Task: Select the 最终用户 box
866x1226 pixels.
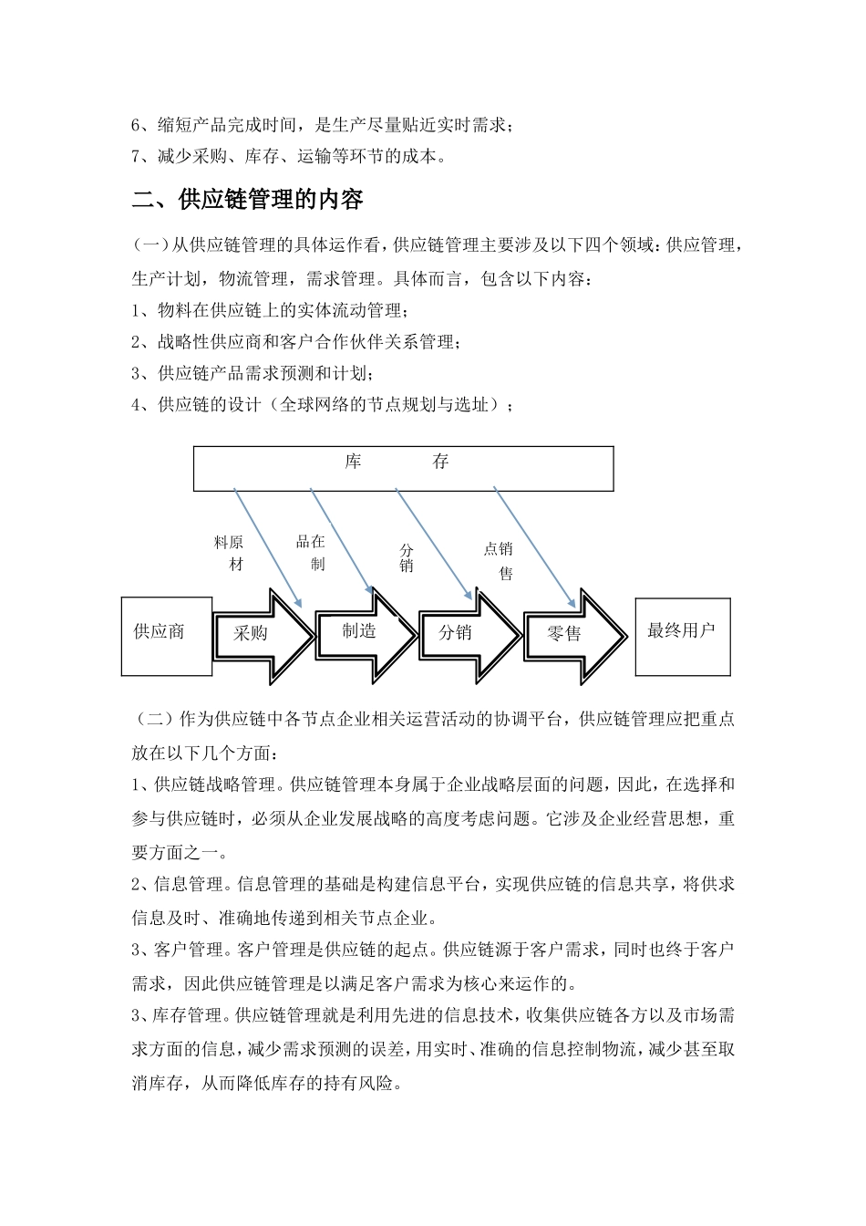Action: (x=682, y=635)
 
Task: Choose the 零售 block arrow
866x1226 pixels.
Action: (x=569, y=635)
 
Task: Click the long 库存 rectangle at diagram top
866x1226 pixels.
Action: (x=403, y=468)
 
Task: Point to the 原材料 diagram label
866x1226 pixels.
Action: (x=230, y=554)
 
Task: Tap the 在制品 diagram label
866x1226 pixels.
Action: (x=311, y=553)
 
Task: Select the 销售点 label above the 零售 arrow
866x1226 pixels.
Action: (x=500, y=560)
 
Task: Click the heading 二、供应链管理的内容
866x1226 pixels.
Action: (x=248, y=200)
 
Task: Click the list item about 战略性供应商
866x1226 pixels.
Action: (x=296, y=342)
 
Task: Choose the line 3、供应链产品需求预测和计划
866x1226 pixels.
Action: (x=253, y=373)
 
